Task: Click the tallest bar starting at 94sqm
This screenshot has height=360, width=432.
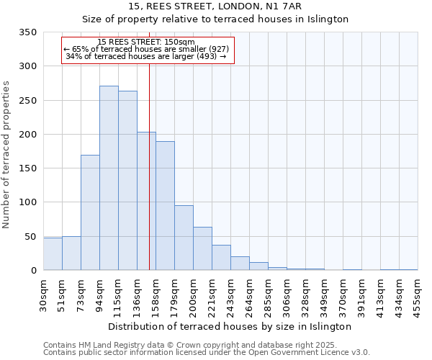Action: [x=109, y=178]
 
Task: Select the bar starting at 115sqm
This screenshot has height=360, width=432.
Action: [x=127, y=181]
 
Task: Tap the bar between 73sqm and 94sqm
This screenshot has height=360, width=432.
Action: [x=90, y=212]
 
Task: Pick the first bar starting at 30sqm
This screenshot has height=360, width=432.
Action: [x=53, y=254]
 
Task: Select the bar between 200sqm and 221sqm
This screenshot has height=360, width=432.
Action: [x=202, y=248]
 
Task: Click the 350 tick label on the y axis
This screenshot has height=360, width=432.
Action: [x=27, y=32]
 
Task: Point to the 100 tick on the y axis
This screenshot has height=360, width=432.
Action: [x=27, y=202]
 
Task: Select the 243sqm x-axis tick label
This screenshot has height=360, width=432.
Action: [x=230, y=294]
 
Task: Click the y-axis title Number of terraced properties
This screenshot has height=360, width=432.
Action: [x=7, y=154]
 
